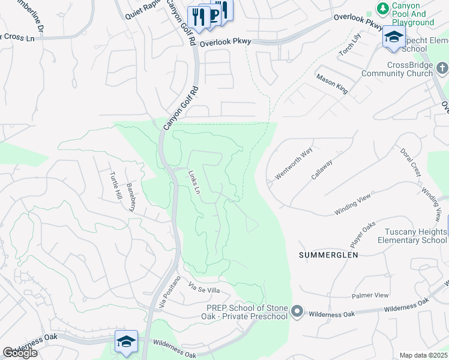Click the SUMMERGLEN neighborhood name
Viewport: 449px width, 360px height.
tap(328, 255)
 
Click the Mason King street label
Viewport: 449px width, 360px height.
tap(332, 85)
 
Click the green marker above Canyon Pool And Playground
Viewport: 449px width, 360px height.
tap(382, 8)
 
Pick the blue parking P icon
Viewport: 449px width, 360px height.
tap(212, 15)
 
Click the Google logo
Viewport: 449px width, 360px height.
tap(20, 353)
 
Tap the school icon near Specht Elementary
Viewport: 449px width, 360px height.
tap(394, 37)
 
